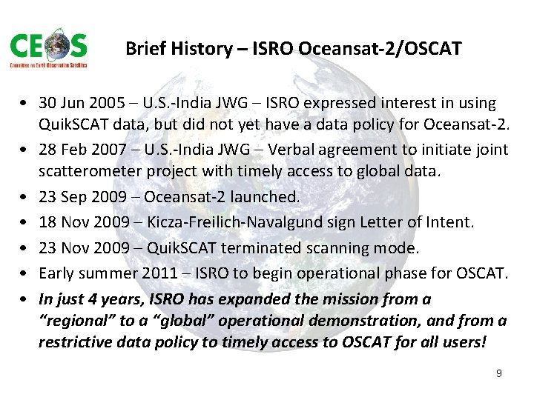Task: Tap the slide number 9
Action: click(499, 373)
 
